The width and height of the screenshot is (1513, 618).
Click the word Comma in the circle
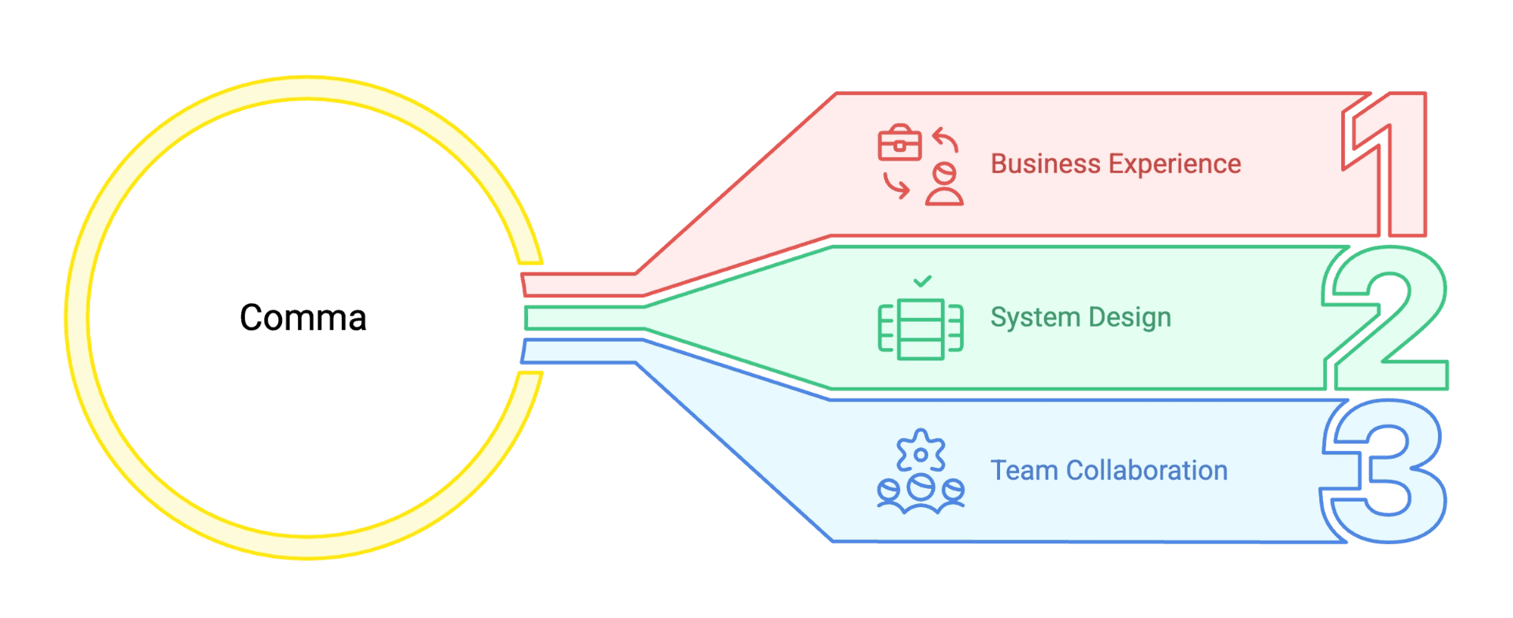pyautogui.click(x=303, y=318)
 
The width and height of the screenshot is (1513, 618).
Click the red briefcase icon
pyautogui.click(x=900, y=144)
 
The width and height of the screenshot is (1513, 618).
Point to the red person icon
pyautogui.click(x=944, y=186)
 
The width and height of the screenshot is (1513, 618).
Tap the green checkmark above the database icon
pyautogui.click(x=923, y=281)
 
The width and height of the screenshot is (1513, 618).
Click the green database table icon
pyautogui.click(x=921, y=329)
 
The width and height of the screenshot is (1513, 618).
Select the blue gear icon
pyautogui.click(x=920, y=452)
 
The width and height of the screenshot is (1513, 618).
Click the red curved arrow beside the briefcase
pyautogui.click(x=946, y=140)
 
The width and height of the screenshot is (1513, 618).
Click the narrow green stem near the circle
pyautogui.click(x=583, y=318)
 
